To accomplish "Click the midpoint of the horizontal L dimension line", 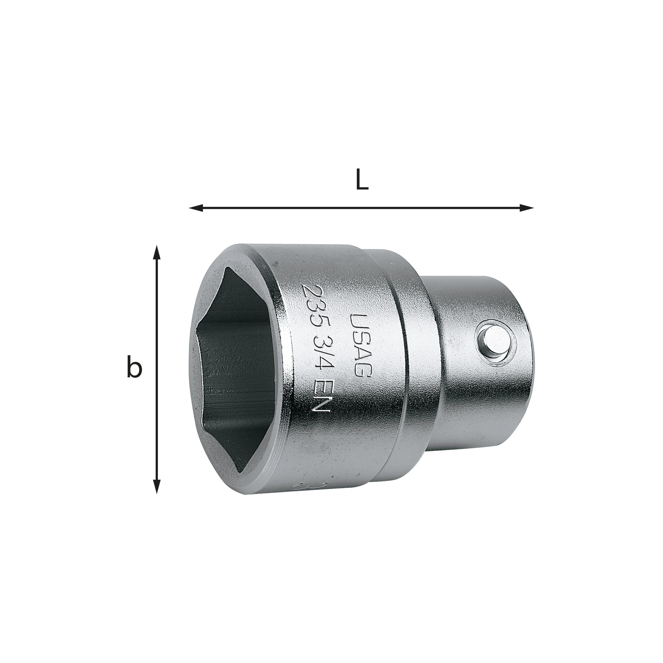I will [x=361, y=208].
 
